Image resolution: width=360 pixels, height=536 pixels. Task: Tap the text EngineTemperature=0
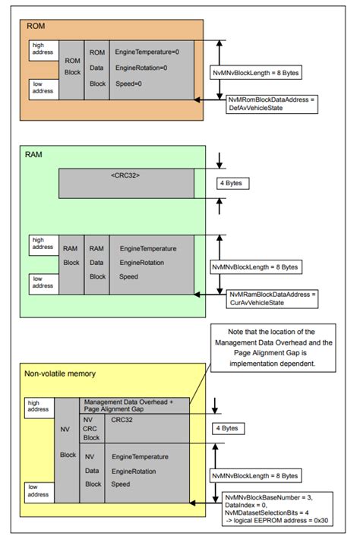pos(146,52)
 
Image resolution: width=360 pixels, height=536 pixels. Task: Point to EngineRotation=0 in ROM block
pos(141,68)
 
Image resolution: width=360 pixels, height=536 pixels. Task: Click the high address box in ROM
pos(43,49)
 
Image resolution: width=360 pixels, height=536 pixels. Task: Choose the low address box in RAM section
pos(43,282)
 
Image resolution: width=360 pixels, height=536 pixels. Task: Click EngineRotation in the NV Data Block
pos(139,470)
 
